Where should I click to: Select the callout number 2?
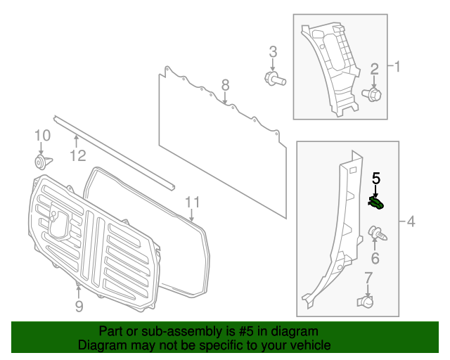(x=375, y=68)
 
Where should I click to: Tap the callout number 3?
(x=273, y=51)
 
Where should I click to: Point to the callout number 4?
(x=411, y=222)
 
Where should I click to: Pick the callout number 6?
(x=375, y=259)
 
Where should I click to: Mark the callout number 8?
(x=225, y=85)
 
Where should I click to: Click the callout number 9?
(x=79, y=306)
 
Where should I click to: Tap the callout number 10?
(x=42, y=135)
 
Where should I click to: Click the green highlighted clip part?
(x=378, y=204)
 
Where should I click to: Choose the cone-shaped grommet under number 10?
(x=41, y=162)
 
